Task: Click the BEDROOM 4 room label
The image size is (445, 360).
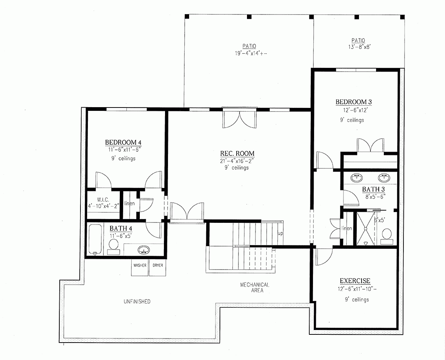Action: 123,142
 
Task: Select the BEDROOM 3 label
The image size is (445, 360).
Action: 353,102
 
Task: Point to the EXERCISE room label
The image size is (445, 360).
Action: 355,281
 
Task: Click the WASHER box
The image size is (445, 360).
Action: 140,266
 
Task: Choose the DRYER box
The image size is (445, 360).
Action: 158,266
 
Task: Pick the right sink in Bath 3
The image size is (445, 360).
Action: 383,178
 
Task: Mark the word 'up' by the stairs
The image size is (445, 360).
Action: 280,234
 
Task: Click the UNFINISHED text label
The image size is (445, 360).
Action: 137,301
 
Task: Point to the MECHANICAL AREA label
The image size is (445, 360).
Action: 254,288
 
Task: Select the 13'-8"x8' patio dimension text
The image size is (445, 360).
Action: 358,47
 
